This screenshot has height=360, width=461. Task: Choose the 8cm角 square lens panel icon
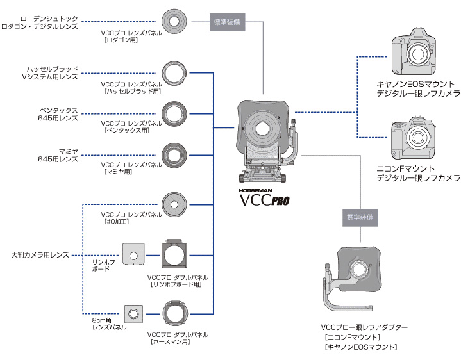pyautogui.click(x=133, y=314)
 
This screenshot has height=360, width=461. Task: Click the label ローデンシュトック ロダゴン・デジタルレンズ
pyautogui.click(x=40, y=22)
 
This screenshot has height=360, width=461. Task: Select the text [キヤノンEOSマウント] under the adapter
pyautogui.click(x=360, y=347)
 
